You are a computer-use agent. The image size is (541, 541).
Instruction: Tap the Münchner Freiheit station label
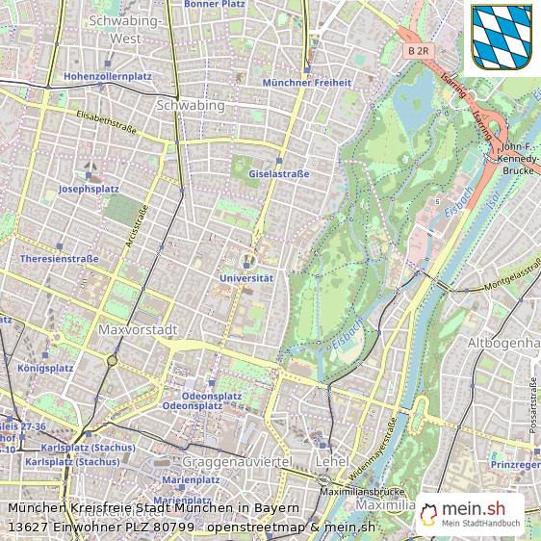[307, 83]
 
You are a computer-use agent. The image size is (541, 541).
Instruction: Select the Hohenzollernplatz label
[108, 76]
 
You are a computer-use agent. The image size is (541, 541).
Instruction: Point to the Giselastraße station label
[279, 174]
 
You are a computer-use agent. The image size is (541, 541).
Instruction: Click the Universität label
[246, 278]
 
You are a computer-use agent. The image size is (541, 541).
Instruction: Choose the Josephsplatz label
[89, 190]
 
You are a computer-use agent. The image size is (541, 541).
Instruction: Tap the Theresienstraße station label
[60, 259]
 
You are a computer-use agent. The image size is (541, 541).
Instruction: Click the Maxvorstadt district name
[139, 330]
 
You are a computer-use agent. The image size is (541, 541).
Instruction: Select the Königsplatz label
[44, 368]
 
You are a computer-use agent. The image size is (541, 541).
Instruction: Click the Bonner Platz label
[214, 5]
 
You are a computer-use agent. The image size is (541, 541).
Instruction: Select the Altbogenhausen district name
[502, 344]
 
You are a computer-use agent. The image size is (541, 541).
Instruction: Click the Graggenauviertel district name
[236, 462]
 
